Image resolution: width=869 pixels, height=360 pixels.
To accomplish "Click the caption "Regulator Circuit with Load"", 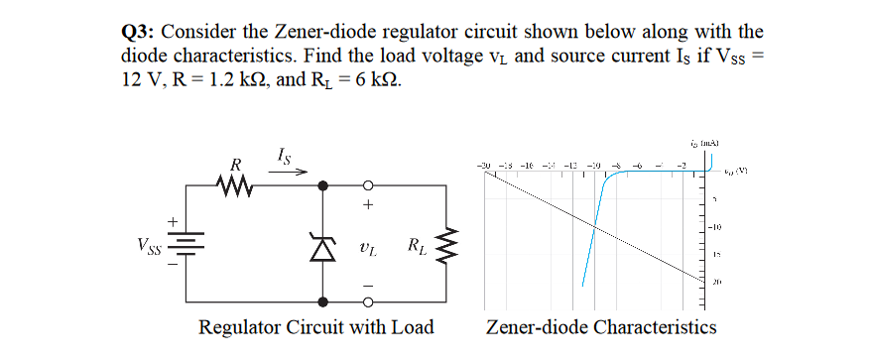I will pos(316,327).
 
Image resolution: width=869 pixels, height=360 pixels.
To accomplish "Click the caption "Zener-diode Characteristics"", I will pos(600,327).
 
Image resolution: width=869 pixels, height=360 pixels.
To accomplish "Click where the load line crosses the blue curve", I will pos(595,226).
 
